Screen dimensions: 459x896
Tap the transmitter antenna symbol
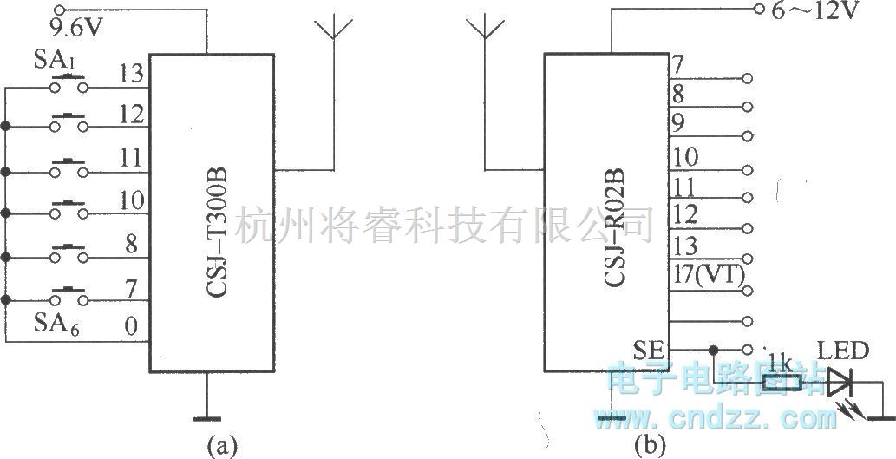point(333,31)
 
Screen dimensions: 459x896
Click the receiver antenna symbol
point(483,31)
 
